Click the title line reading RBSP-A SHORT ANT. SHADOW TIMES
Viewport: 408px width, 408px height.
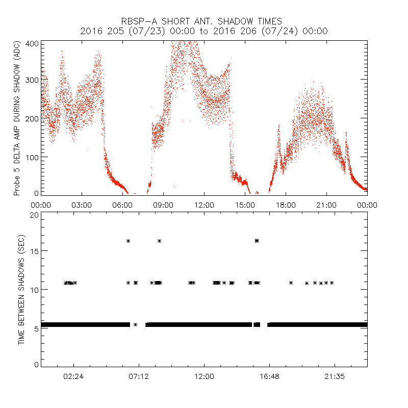pos(204,21)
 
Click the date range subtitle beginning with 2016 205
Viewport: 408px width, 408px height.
pos(204,31)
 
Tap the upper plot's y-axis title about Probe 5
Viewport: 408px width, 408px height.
pos(17,119)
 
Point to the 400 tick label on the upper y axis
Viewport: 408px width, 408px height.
pos(32,43)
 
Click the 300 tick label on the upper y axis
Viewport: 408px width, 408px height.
pos(32,81)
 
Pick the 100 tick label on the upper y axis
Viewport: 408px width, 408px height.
pos(32,157)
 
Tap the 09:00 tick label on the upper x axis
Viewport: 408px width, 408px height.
pos(163,205)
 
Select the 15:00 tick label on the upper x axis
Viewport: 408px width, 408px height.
pos(245,205)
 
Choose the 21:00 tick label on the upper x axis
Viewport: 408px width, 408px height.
pos(326,205)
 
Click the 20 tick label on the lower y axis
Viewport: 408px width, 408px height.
pos(34,215)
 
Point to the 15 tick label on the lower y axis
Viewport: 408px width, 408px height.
pos(34,251)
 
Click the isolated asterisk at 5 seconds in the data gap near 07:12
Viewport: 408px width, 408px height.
pos(135,324)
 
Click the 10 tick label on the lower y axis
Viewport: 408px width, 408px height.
pos(34,290)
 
